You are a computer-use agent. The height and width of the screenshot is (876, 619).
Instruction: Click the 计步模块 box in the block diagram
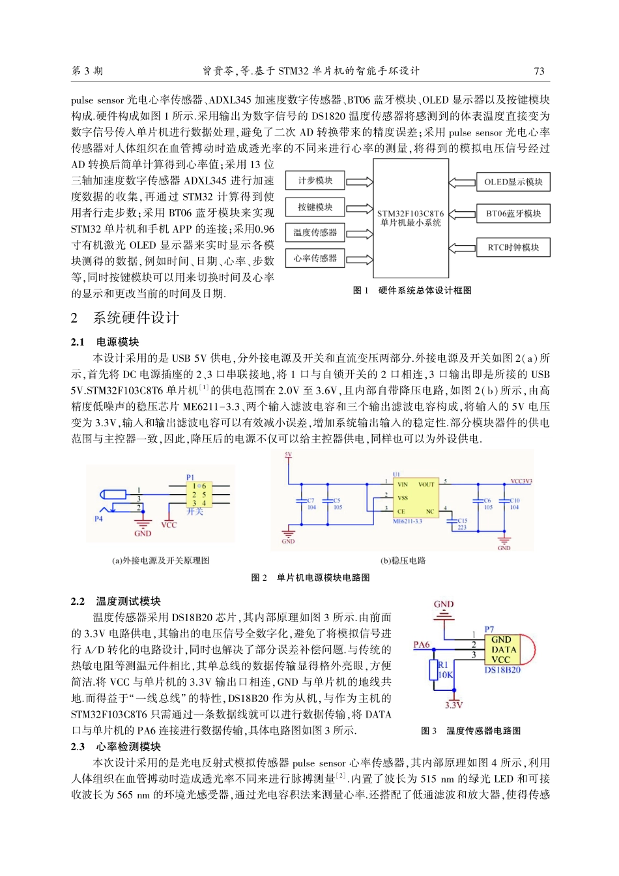coord(315,181)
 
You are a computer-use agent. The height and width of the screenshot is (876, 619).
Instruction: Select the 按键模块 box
coord(315,207)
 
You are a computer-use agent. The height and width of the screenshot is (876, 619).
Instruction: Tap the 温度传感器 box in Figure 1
coord(315,233)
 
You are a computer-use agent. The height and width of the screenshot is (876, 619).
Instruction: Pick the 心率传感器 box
coord(315,258)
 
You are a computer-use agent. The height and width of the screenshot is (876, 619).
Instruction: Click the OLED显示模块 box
coord(513,182)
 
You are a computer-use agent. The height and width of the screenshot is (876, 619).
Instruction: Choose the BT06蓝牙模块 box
coord(513,213)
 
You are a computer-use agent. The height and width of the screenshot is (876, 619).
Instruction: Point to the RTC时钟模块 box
coord(513,247)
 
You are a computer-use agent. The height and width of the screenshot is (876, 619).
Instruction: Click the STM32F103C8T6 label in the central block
coord(410,213)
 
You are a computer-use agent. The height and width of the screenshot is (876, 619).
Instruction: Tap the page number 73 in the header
coord(538,71)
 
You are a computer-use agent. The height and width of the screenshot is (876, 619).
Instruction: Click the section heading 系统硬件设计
coord(136,318)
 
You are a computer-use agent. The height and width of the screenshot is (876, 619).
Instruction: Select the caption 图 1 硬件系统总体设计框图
coord(412,291)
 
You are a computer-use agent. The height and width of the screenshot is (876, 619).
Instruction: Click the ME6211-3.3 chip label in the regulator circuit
coord(407,521)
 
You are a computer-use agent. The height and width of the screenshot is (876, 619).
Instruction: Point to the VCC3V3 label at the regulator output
coord(521,482)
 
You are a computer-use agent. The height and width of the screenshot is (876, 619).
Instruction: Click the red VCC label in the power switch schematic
coord(169,525)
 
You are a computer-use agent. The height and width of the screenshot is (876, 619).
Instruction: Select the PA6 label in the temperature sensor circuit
coord(422,645)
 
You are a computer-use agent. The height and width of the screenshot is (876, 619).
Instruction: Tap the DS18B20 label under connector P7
coord(502,670)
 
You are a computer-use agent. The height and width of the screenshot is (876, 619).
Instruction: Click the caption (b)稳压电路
coord(403,561)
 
